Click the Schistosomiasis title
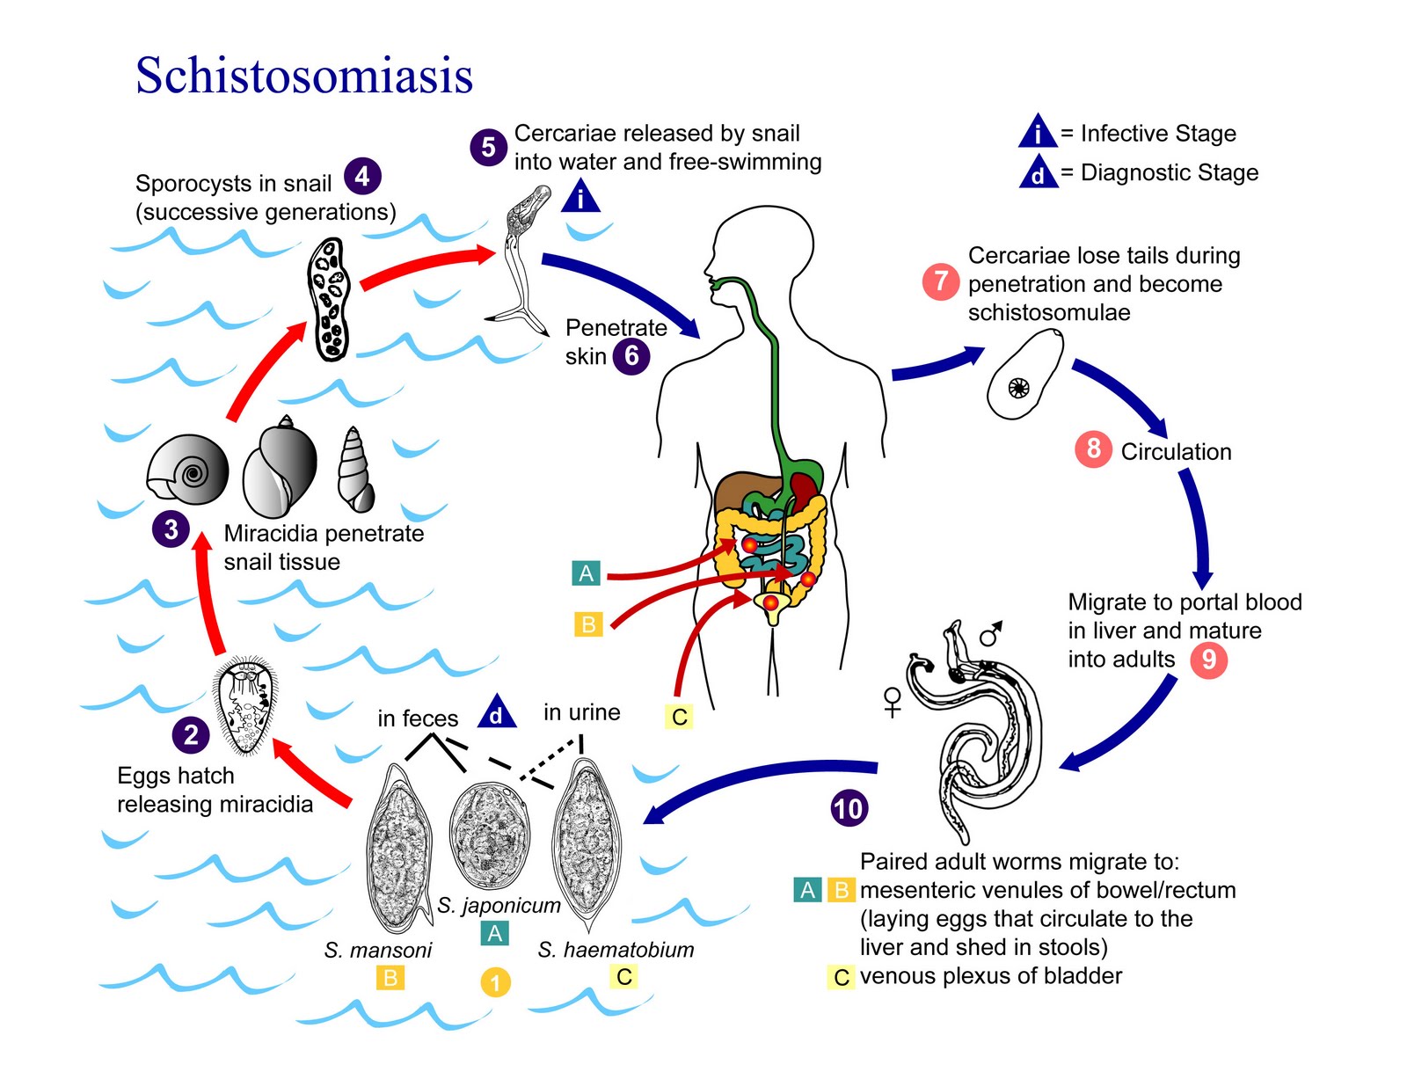[x=304, y=76]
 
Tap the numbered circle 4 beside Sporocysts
[x=361, y=177]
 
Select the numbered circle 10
[x=849, y=808]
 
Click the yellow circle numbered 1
[x=495, y=982]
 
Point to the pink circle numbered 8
[x=1093, y=449]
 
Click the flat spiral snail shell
[x=187, y=470]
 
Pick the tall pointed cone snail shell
[x=355, y=470]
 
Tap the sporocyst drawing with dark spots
[x=331, y=300]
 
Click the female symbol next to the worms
[x=893, y=702]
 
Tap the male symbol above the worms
[x=991, y=633]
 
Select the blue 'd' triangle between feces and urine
[x=497, y=713]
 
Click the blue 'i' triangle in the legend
[x=1038, y=132]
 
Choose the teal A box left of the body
[x=586, y=573]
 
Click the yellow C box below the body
[x=679, y=717]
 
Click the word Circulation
[x=1176, y=452]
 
